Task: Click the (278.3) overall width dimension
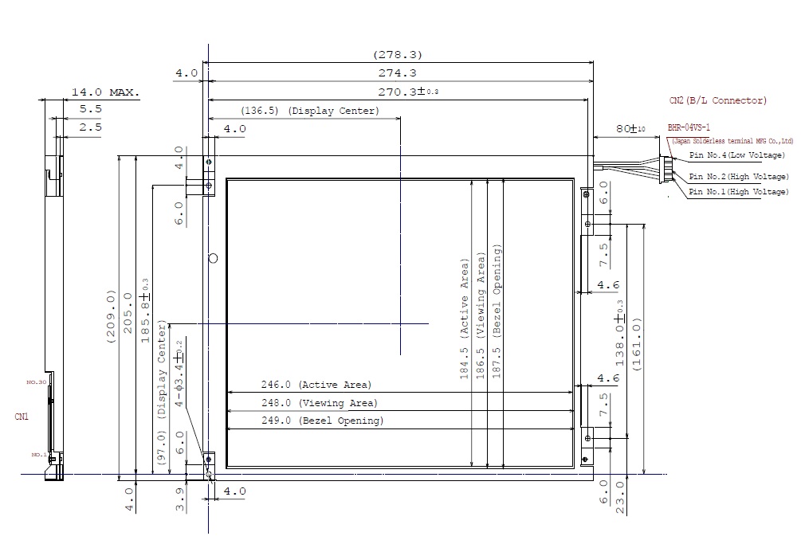click(x=397, y=55)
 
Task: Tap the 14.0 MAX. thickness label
click(x=105, y=92)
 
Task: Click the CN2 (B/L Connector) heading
click(x=718, y=100)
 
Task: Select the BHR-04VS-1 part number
click(x=689, y=127)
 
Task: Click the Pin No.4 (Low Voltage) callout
click(x=737, y=155)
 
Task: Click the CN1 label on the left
click(x=22, y=416)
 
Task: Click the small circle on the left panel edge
click(x=212, y=257)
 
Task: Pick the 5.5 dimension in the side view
click(x=90, y=109)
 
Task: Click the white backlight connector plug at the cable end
click(x=666, y=170)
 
